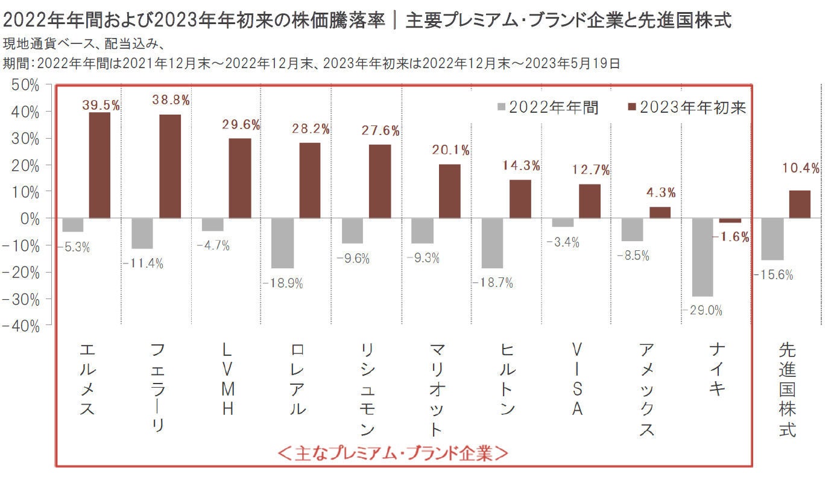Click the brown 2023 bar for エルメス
99,165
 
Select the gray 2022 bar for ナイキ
702,257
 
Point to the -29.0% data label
702,311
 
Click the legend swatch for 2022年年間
501,108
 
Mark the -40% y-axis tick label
23,326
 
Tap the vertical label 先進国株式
787,390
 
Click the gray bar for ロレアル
283,242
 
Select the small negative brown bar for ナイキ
730,220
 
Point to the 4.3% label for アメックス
660,194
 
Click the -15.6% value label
772,275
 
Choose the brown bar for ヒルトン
520,198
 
